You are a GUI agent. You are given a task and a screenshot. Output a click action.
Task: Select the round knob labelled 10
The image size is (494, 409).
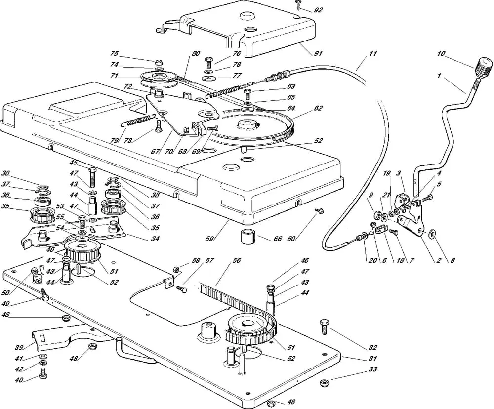click(485, 65)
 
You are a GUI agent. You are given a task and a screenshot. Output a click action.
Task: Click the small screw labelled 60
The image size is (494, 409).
click(320, 211)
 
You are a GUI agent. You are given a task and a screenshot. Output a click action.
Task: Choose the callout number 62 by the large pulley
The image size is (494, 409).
click(318, 107)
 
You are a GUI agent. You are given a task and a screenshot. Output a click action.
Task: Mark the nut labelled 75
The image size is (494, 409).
click(160, 62)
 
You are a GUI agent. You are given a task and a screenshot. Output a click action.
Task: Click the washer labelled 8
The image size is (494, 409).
click(433, 233)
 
